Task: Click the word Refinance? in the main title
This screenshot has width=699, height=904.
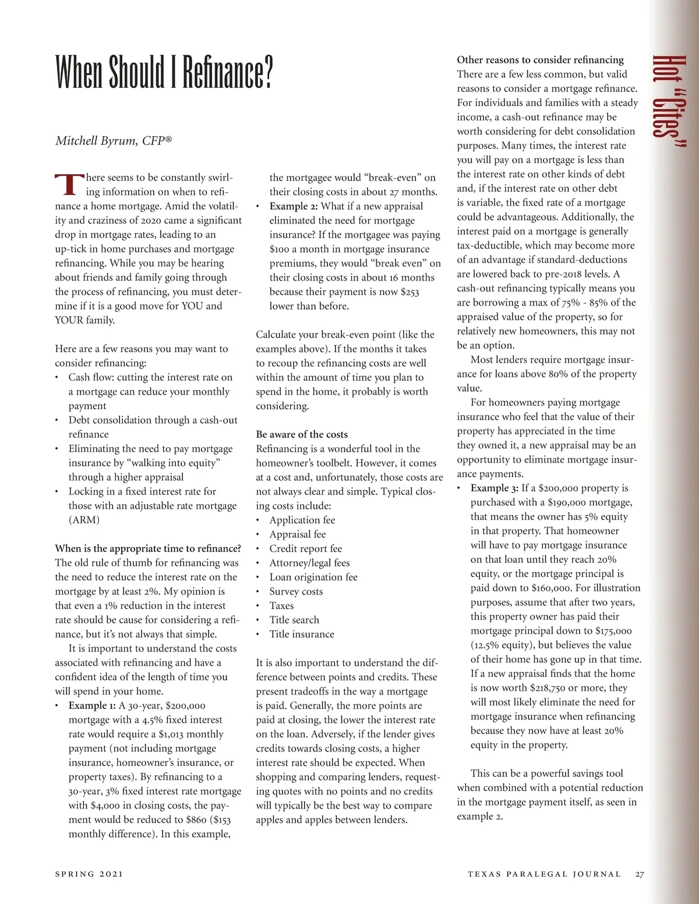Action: point(227,72)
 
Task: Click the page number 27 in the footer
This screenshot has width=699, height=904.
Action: point(640,874)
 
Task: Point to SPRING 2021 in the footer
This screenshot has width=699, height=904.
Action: point(89,874)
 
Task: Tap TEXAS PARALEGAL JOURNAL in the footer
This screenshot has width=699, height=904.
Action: point(544,874)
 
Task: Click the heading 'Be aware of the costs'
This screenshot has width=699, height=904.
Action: point(302,434)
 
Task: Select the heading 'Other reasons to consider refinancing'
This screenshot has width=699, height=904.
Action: point(540,59)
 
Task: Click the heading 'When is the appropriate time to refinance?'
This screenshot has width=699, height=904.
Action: point(148,548)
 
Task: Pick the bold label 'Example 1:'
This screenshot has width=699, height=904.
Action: point(92,706)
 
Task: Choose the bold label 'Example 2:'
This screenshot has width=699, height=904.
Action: point(294,206)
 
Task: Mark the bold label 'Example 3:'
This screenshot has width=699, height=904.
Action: point(495,488)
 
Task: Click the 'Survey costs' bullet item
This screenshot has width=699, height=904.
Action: point(296,591)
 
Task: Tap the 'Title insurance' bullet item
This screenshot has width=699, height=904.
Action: point(302,634)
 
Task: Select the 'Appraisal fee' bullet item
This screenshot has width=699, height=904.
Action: point(298,534)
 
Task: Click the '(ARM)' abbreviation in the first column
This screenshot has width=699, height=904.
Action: point(84,520)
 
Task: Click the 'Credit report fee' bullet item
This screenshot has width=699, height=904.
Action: point(306,548)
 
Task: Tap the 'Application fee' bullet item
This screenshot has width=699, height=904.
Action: point(302,520)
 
